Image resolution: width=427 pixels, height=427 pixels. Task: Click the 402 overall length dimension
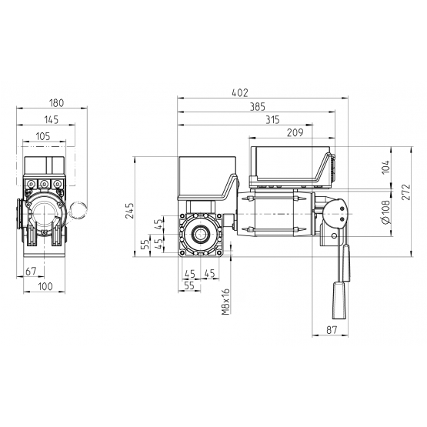tap(240, 93)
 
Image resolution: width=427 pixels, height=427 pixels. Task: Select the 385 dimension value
tap(257, 107)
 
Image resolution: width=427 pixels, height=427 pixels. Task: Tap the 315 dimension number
tap(272, 120)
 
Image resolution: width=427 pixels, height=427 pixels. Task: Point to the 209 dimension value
tap(295, 132)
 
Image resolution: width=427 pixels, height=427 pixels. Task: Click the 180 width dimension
tap(56, 103)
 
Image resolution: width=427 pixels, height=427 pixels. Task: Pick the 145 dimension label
tap(52, 119)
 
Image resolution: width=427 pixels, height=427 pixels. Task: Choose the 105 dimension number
tap(43, 136)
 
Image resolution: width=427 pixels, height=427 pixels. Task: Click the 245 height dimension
tap(129, 211)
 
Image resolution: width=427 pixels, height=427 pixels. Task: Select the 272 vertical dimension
tap(405, 192)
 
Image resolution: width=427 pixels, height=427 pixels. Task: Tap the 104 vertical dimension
tap(386, 167)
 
